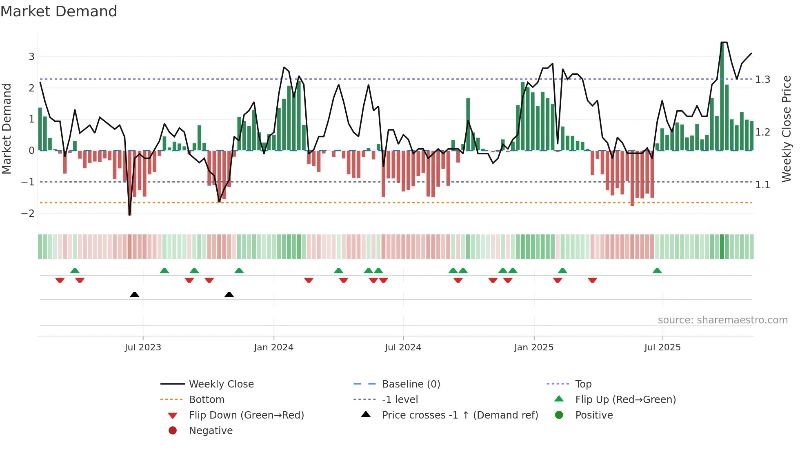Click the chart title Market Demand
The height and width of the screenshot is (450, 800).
[59, 11]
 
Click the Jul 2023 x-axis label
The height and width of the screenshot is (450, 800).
[143, 348]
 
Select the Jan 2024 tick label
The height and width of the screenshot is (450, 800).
[273, 348]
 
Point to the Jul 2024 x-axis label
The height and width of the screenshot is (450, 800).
[403, 348]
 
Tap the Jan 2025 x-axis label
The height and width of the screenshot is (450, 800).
[533, 348]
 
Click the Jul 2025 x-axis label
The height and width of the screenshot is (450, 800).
[662, 348]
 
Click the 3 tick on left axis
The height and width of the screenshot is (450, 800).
[31, 57]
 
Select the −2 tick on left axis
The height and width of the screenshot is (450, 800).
[28, 213]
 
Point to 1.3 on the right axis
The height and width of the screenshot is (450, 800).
[762, 80]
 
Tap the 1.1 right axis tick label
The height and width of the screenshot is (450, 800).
[762, 185]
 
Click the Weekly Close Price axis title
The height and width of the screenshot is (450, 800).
[787, 129]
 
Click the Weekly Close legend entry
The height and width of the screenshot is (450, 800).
[221, 384]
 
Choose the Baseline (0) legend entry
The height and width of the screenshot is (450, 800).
[411, 384]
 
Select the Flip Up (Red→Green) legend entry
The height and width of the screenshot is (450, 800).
[625, 400]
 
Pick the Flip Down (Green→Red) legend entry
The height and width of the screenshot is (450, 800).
[246, 415]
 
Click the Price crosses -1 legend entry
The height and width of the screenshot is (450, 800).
[460, 415]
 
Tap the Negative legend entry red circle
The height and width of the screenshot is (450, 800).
[173, 431]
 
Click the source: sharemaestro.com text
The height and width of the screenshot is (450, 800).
[722, 320]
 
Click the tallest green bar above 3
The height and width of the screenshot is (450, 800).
[722, 98]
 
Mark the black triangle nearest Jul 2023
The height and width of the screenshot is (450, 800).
[134, 294]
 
